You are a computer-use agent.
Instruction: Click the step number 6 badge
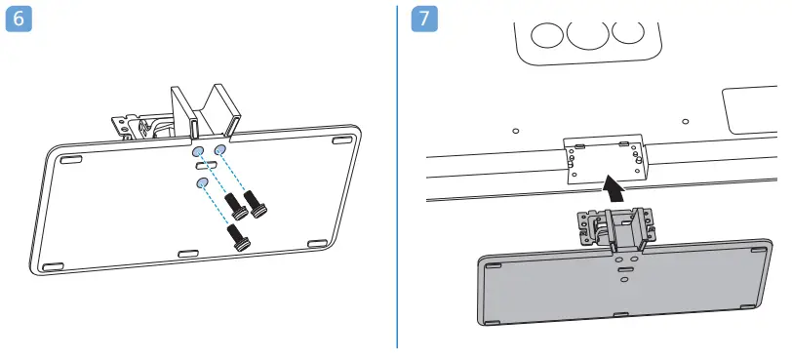[20, 19]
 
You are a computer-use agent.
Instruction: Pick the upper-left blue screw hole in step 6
[198, 151]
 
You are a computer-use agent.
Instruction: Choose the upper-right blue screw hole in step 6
[220, 149]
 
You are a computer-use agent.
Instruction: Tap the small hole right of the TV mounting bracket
[685, 122]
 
